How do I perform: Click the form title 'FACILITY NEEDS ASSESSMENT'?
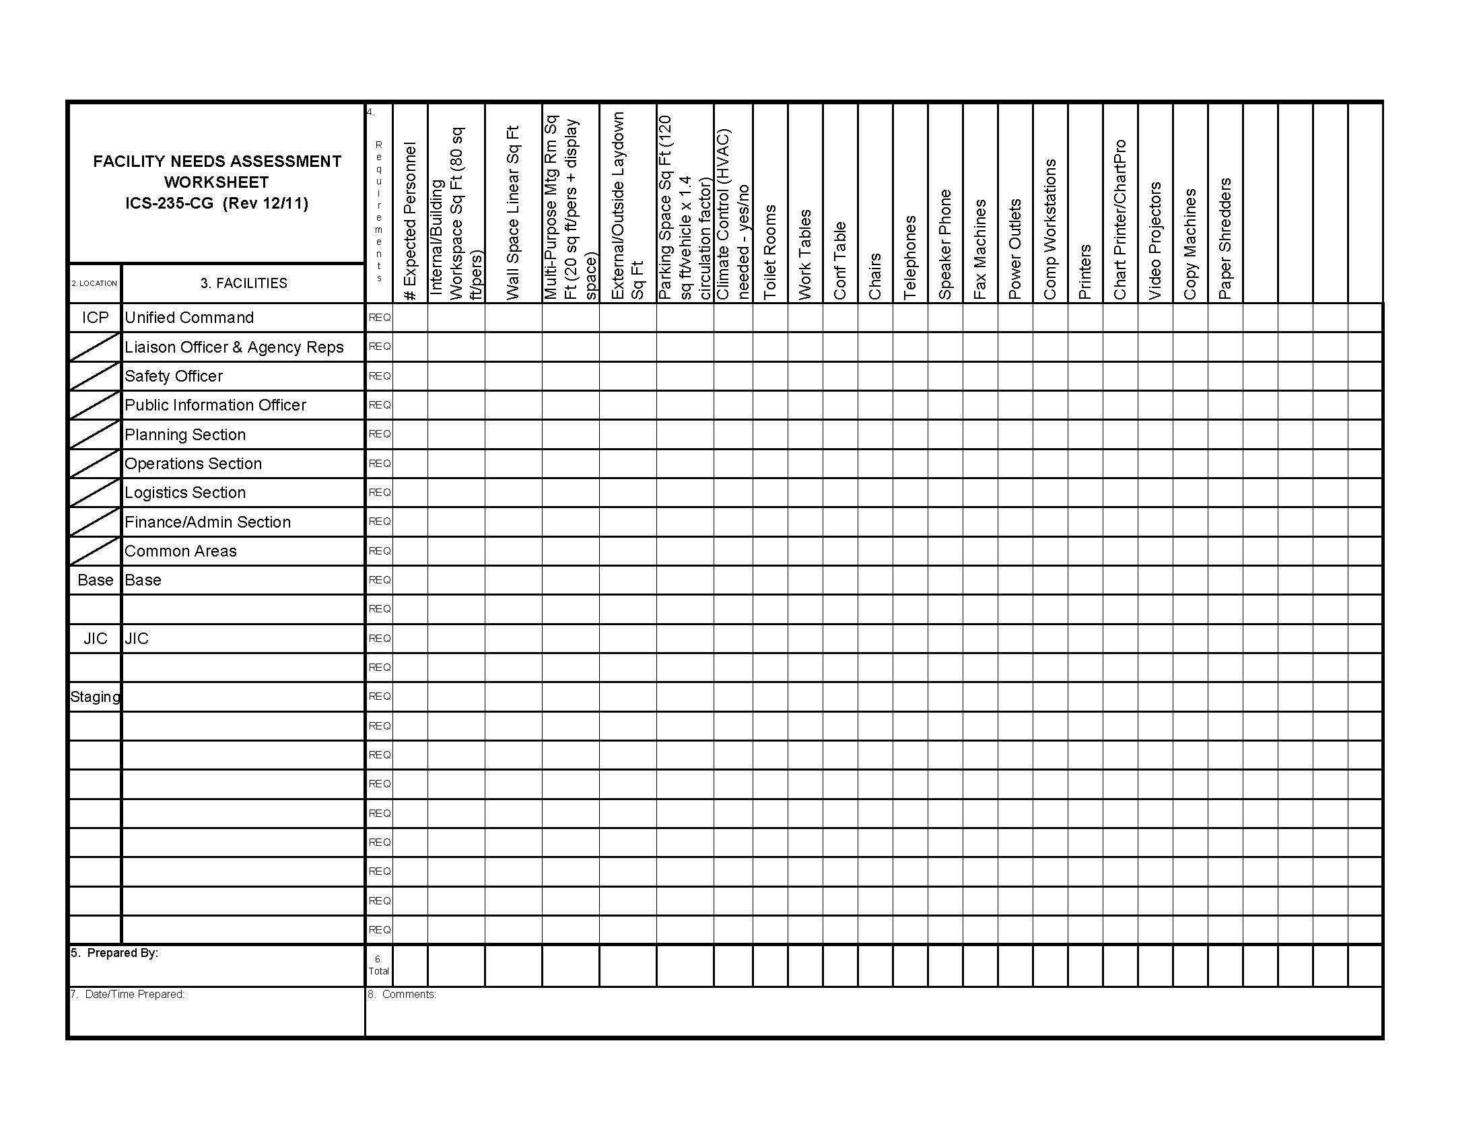217,162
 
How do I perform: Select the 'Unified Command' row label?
189,318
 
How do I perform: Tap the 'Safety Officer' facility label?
174,376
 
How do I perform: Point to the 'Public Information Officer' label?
215,405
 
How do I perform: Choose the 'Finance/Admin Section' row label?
207,522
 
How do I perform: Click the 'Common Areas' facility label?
180,551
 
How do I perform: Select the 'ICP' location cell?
95,318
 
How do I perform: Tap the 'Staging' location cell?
95,696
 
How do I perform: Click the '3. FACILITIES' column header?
244,283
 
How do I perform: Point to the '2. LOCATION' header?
94,283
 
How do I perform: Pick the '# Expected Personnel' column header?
409,221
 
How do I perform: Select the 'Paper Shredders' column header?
1225,239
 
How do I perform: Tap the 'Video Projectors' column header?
1155,241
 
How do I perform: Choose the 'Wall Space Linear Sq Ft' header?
513,213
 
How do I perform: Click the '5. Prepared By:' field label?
114,953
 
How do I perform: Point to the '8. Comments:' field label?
402,994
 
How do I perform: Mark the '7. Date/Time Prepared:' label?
127,994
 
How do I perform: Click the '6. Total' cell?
378,965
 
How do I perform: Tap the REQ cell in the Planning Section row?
379,434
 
